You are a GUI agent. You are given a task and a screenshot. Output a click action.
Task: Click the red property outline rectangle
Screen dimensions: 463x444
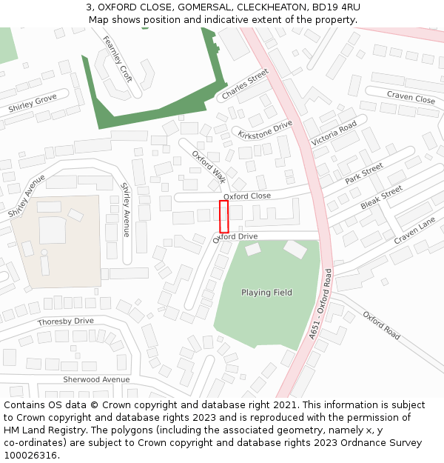click(x=223, y=216)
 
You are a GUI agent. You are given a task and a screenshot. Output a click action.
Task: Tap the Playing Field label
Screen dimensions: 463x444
click(x=266, y=293)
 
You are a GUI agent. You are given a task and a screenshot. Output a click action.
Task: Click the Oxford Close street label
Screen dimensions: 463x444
click(x=247, y=196)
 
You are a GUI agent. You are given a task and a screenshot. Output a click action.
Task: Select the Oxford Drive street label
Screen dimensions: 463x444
click(x=235, y=237)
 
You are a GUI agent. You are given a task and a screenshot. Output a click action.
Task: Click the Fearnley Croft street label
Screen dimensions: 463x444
click(x=118, y=59)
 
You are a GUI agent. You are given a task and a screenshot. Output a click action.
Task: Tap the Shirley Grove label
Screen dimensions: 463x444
click(x=33, y=104)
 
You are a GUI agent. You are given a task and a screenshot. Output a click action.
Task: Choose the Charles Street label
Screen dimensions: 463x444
click(x=245, y=84)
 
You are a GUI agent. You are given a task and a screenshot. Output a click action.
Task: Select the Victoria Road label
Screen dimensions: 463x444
click(x=334, y=133)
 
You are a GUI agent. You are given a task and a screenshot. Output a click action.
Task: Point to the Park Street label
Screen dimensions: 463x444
click(x=364, y=174)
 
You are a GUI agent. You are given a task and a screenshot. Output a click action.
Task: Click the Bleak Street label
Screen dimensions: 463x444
click(x=381, y=196)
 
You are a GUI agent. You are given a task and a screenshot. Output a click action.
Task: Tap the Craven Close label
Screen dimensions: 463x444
click(x=411, y=98)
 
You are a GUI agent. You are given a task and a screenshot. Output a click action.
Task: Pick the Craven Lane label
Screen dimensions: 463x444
click(x=415, y=231)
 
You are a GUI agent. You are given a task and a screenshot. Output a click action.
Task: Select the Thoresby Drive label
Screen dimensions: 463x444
click(x=66, y=322)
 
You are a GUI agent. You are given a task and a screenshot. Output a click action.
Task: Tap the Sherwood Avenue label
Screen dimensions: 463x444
click(x=96, y=379)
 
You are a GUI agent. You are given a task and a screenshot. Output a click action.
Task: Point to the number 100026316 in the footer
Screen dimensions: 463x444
click(x=31, y=456)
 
